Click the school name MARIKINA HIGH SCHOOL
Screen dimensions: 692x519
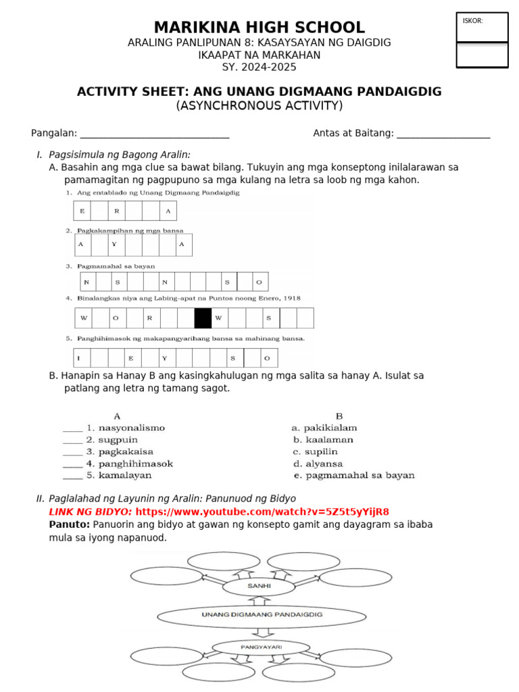tap(259, 28)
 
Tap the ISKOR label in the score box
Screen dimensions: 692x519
tap(472, 21)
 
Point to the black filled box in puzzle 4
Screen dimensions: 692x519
tap(203, 318)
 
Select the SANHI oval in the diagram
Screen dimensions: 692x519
tap(259, 587)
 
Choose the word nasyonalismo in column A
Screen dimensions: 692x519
tap(131, 428)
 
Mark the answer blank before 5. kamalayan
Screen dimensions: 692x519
tap(72, 476)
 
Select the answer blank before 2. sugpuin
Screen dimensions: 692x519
tap(72, 440)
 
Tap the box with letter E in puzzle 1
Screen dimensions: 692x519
tap(82, 211)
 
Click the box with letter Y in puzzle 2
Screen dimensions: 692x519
tap(115, 245)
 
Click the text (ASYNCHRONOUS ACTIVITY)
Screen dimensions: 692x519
tap(259, 106)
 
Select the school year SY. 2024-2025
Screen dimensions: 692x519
tap(259, 67)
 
